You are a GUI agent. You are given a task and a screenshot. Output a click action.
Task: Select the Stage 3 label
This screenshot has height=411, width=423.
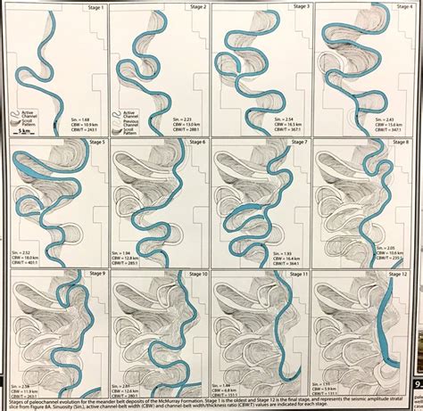[296, 6]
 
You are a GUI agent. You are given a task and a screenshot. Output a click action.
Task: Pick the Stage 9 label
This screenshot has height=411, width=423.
[92, 274]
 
